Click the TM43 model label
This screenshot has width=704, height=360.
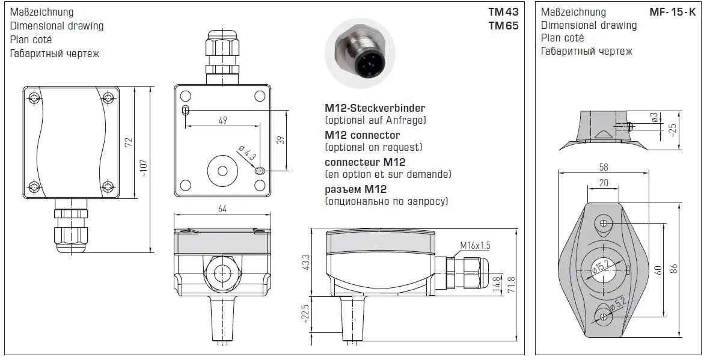tap(503, 12)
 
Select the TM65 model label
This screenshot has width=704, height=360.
tap(503, 25)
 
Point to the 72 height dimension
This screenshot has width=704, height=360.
tap(128, 142)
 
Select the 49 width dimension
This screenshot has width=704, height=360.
tap(222, 121)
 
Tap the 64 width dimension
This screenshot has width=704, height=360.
tap(223, 209)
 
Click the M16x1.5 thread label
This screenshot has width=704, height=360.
tap(475, 245)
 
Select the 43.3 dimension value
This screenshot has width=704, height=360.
tap(305, 261)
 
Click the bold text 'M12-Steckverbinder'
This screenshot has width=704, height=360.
tap(375, 108)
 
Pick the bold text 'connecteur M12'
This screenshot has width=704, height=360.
tap(365, 162)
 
